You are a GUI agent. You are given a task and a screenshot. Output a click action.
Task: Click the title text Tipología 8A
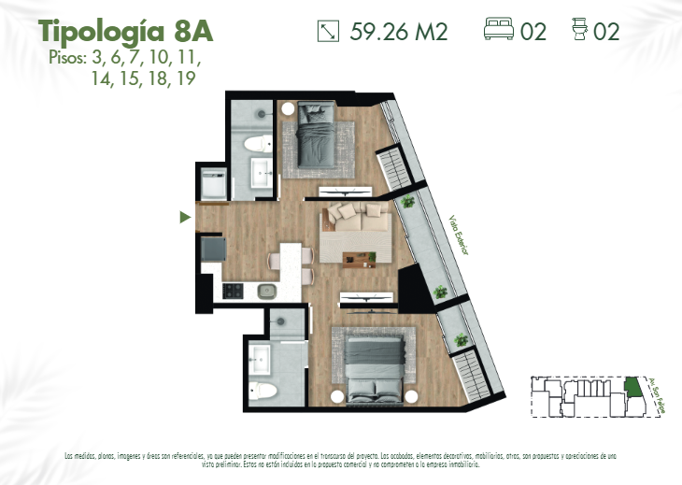pyautogui.click(x=126, y=30)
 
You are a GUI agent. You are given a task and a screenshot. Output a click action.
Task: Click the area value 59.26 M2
pyautogui.click(x=399, y=32)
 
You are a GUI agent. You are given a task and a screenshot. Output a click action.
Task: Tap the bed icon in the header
pyautogui.click(x=499, y=31)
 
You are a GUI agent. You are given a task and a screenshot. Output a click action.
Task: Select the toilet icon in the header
pyautogui.click(x=579, y=31)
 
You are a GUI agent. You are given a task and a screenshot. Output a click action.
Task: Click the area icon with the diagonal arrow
pyautogui.click(x=328, y=32)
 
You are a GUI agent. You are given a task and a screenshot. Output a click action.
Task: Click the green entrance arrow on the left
pyautogui.click(x=185, y=218)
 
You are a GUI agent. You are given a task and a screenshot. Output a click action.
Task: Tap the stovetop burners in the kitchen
pyautogui.click(x=232, y=291)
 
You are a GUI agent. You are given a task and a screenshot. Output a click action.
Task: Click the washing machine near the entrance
pyautogui.click(x=214, y=183)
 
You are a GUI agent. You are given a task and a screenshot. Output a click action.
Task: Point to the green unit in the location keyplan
pyautogui.click(x=634, y=386)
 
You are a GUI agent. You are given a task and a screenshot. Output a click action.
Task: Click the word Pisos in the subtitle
pyautogui.click(x=66, y=58)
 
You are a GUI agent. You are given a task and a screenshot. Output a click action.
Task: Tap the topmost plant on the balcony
pyautogui.click(x=406, y=202)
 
